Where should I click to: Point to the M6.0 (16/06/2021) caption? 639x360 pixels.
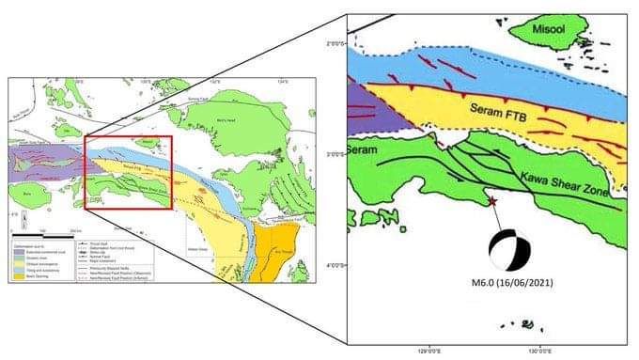[513, 287]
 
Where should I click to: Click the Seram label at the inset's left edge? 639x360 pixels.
[362, 150]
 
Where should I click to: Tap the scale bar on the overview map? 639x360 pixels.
[52, 226]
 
